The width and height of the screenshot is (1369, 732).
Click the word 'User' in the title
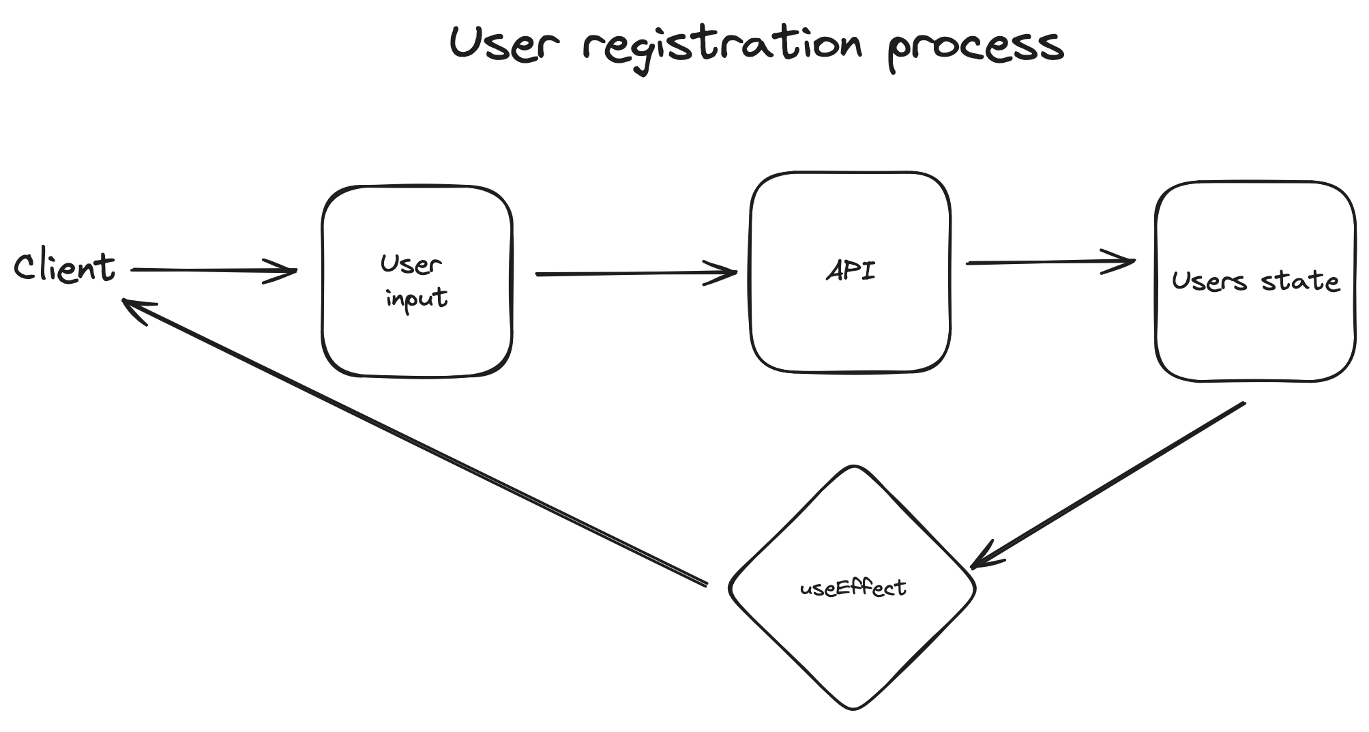[503, 44]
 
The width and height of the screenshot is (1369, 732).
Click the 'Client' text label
[65, 267]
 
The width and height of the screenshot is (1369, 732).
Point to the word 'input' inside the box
[416, 299]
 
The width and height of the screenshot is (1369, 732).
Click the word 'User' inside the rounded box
[411, 264]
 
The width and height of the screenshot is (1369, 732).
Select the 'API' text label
[851, 272]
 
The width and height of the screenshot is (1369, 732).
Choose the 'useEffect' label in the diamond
[853, 588]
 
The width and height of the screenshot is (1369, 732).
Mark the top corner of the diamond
[853, 467]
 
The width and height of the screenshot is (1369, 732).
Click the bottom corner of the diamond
[853, 708]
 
